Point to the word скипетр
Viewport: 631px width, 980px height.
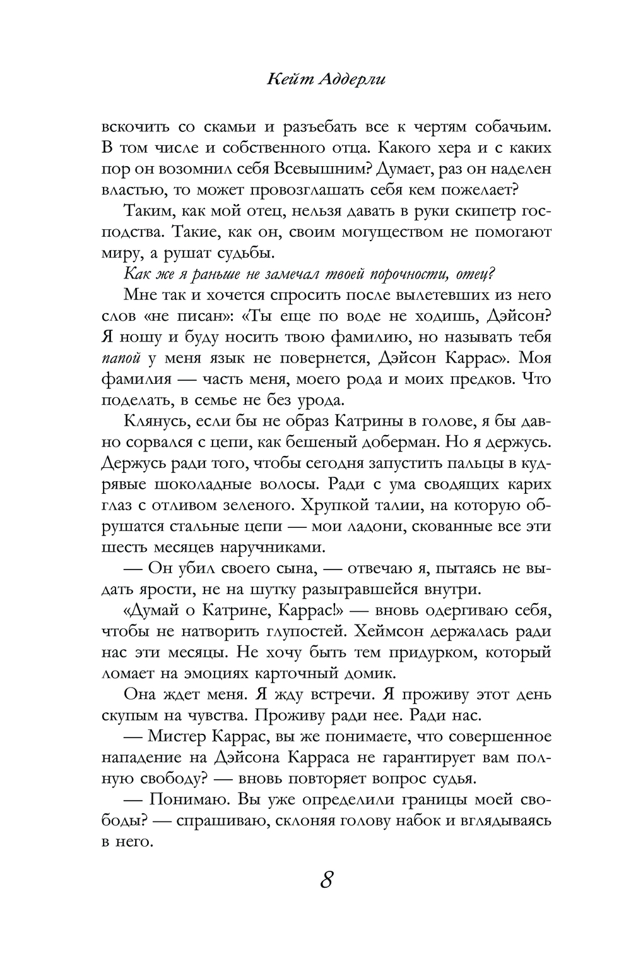463,212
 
